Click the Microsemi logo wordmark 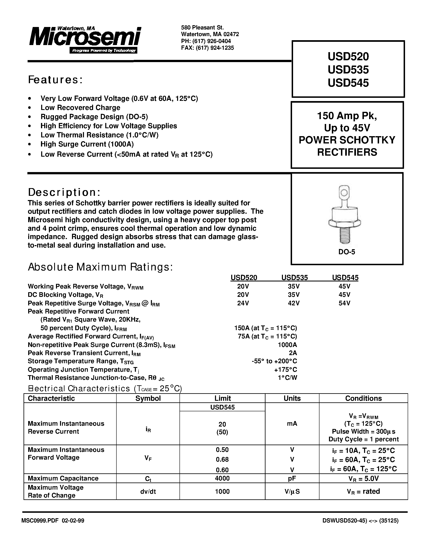85,38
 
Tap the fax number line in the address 207,48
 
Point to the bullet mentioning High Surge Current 87,144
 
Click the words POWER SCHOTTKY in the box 347,140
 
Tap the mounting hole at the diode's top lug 344,192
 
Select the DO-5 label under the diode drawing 346,252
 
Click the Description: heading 64,192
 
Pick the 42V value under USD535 294,303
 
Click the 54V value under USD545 344,303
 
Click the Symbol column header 148,398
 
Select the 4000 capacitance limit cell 222,478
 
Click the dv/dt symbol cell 148,491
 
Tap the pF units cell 292,478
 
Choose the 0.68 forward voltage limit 222,459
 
